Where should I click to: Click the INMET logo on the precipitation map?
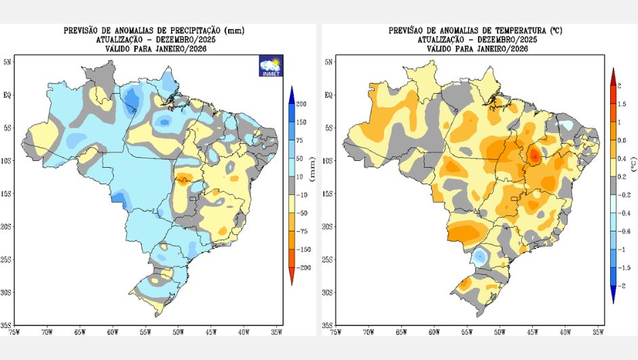[x=271, y=67]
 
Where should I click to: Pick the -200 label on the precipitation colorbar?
[x=303, y=268]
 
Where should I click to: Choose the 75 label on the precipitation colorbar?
[x=299, y=140]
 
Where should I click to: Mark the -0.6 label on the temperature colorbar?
[x=625, y=232]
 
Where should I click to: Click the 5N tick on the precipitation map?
[x=7, y=62]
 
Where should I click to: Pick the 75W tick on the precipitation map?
[x=14, y=332]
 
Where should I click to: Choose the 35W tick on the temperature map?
[x=598, y=332]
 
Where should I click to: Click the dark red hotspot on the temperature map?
[x=535, y=156]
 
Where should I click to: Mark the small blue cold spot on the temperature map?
[x=480, y=257]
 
